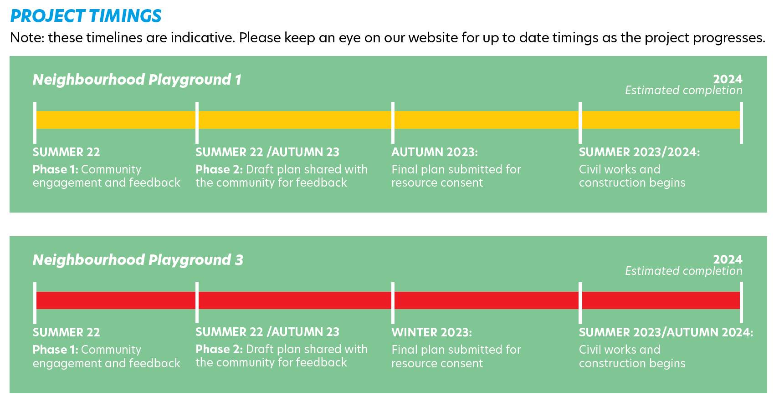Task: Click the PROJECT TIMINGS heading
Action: [x=86, y=16]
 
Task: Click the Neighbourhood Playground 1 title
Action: [x=137, y=80]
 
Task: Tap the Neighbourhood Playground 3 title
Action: [x=138, y=260]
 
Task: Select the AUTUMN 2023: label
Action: [x=435, y=152]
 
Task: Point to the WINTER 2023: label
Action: [x=431, y=333]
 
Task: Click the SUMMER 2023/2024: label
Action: [x=639, y=152]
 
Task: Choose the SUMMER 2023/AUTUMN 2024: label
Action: [x=666, y=333]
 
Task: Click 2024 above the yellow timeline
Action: [x=728, y=79]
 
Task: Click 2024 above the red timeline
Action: [x=728, y=259]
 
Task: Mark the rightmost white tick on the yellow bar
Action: [x=741, y=122]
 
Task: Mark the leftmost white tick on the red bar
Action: [x=35, y=303]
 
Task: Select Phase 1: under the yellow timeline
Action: [x=55, y=170]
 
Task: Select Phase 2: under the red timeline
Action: [x=219, y=349]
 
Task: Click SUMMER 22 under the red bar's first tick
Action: [x=67, y=333]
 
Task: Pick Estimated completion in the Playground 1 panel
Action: [x=684, y=91]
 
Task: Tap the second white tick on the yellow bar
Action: [x=197, y=122]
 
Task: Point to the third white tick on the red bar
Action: [x=393, y=303]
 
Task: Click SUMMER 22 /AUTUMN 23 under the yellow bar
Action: [x=267, y=152]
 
